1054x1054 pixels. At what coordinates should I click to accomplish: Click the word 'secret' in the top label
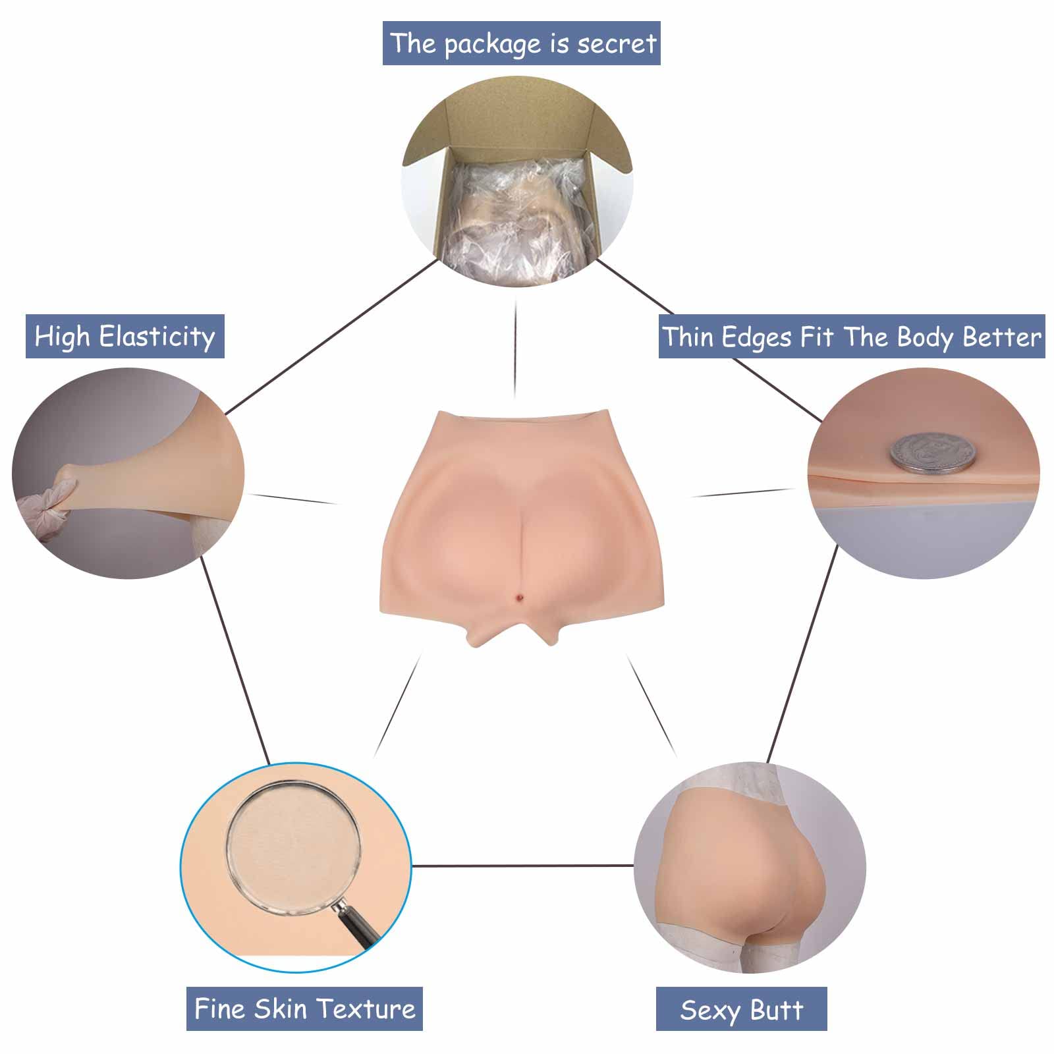617,43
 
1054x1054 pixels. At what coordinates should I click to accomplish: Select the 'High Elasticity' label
125,337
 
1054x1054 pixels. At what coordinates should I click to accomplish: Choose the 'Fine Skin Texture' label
304,1009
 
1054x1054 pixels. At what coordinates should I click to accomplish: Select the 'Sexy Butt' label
741,1010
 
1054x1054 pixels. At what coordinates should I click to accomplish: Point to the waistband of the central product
520,420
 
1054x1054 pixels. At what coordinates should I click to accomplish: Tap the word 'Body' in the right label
926,337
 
